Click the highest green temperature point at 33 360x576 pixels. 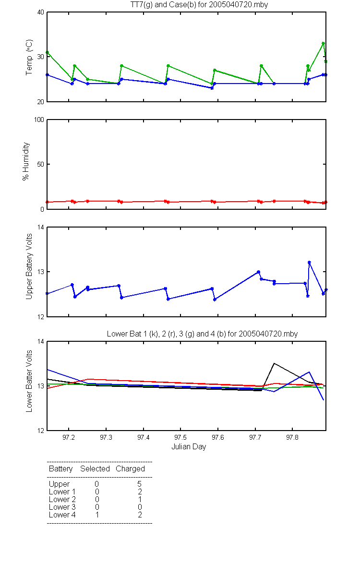(323, 44)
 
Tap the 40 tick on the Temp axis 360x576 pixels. (41, 12)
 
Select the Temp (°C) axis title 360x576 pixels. (29, 57)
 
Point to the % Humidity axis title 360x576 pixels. (26, 161)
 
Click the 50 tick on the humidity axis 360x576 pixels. (41, 164)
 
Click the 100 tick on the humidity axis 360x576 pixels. (39, 120)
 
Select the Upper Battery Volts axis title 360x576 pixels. (29, 267)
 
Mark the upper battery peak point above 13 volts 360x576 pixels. (309, 262)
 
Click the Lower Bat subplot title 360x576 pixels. (202, 334)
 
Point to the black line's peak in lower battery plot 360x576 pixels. (274, 363)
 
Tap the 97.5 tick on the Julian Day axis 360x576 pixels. (180, 437)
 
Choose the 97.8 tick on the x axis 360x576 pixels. (292, 437)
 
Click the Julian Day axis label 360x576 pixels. (189, 447)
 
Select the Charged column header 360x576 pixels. (130, 469)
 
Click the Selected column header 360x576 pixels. (95, 469)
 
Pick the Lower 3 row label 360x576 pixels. (62, 507)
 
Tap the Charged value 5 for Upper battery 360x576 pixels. (139, 484)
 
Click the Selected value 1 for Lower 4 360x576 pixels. (97, 515)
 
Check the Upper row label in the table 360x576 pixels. (59, 484)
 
